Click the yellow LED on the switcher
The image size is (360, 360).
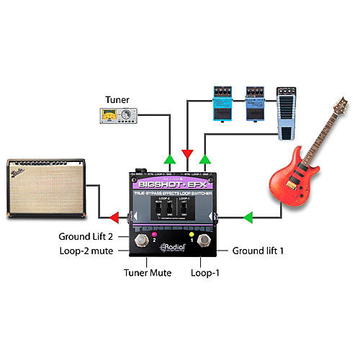pos(192,235)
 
